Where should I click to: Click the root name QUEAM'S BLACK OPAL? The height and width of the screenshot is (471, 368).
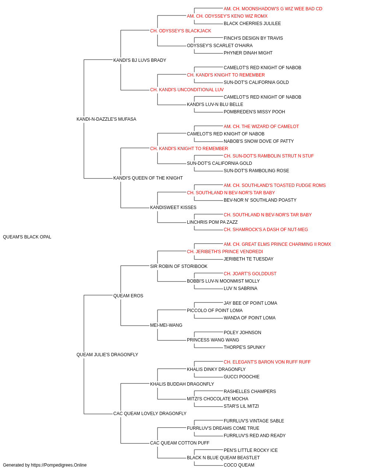27,237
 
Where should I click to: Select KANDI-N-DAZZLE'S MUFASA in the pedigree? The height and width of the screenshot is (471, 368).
106,119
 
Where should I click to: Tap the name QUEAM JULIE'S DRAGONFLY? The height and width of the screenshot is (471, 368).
107,355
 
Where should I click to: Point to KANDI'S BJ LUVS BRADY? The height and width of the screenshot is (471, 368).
140,60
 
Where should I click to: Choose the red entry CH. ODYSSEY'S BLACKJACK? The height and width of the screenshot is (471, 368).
181,31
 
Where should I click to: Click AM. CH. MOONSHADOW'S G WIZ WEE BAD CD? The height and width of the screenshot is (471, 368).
273,9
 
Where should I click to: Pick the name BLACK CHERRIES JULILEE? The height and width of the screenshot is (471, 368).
252,24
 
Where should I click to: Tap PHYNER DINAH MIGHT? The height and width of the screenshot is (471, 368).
248,53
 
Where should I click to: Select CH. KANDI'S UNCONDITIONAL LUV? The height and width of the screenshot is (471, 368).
187,90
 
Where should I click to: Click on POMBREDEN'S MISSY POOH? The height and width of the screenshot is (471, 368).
254,112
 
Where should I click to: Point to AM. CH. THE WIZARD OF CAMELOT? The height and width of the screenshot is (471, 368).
261,127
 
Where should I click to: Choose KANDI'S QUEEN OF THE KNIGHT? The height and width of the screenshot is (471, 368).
148,178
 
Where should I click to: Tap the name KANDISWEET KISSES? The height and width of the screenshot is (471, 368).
173,208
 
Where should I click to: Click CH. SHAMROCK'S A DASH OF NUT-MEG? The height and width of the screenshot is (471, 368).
266,230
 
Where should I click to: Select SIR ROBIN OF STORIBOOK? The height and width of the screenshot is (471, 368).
179,266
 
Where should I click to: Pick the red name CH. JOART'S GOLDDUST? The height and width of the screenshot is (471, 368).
250,274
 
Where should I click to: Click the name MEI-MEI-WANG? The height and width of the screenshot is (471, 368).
166,325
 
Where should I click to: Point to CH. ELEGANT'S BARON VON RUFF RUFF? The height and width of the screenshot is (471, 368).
267,362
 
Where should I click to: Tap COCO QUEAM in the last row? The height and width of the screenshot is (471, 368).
239,465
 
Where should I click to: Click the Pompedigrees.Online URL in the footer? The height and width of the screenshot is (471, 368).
59,465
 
